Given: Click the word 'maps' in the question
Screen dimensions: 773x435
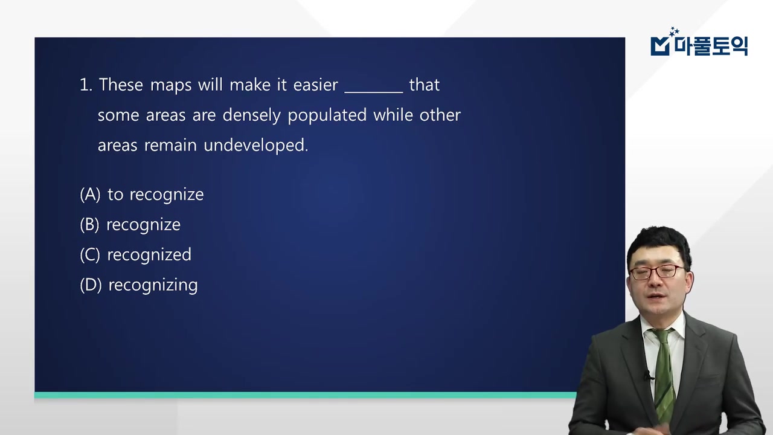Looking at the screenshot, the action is pos(171,85).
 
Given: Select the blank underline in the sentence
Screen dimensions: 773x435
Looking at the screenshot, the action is pos(374,92).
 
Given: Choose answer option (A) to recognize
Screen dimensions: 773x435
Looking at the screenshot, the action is pos(142,195).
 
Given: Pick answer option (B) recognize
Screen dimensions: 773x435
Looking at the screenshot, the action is pos(130,225).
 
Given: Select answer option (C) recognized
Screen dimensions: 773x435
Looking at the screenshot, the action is pos(136,255).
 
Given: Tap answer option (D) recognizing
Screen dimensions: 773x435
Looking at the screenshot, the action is pos(139,286).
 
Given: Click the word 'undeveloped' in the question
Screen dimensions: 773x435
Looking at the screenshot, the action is pos(255,146).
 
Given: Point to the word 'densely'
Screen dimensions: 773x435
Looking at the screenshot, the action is pos(252,115).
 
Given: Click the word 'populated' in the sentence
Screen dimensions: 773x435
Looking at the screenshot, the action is pos(327,115).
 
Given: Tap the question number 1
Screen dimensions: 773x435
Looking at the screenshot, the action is pos(86,85).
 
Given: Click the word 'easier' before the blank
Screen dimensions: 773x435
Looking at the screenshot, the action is pos(315,85).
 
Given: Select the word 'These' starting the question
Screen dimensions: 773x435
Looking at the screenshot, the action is pos(121,85).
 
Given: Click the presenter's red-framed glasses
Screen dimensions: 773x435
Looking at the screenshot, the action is pos(657,272).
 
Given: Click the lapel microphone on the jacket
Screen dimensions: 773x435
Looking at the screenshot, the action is pos(648,375).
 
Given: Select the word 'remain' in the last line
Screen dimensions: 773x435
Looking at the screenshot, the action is pos(170,146).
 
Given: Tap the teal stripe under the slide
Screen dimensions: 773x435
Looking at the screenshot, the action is pos(306,395).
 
